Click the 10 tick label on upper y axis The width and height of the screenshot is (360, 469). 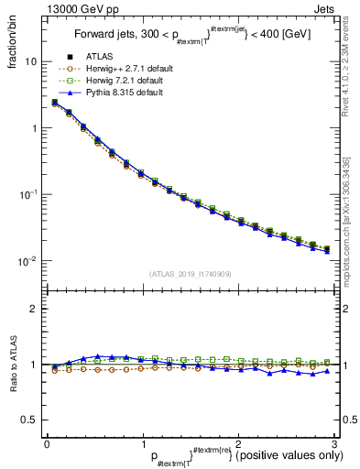pyautogui.click(x=31, y=61)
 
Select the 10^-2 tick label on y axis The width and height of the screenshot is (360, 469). pyautogui.click(x=27, y=261)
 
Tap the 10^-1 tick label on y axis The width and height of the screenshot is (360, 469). pyautogui.click(x=27, y=194)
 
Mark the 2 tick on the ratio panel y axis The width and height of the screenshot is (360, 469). pyautogui.click(x=34, y=309)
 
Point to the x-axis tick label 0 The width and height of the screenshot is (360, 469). pyautogui.click(x=47, y=443)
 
